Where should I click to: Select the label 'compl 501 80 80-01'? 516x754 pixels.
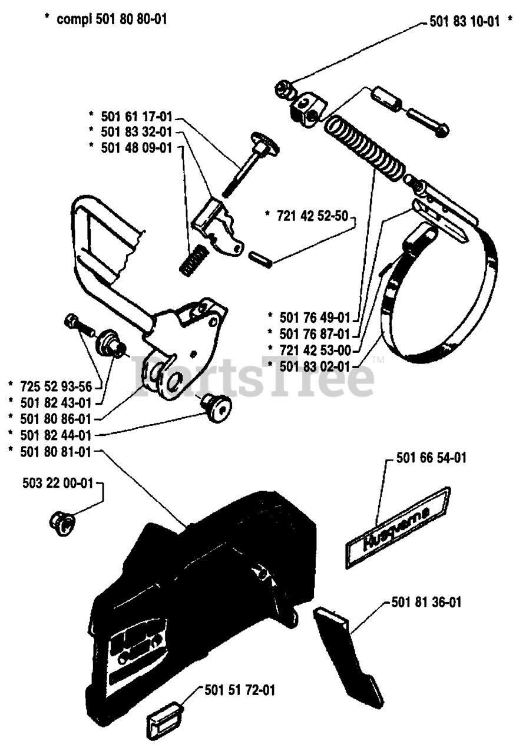[112, 19]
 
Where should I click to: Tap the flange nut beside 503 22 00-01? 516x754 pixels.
[61, 521]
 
